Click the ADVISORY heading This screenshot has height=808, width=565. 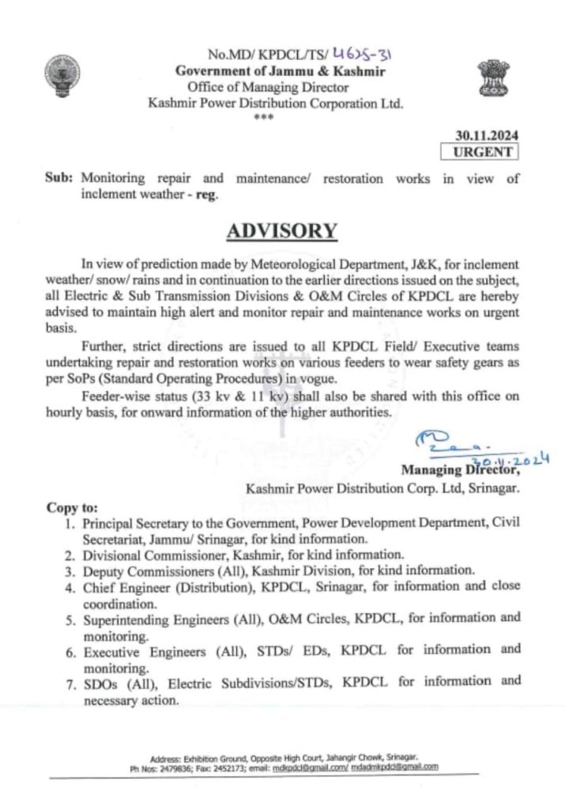coord(281,230)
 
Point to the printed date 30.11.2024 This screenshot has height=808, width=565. coord(487,135)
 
